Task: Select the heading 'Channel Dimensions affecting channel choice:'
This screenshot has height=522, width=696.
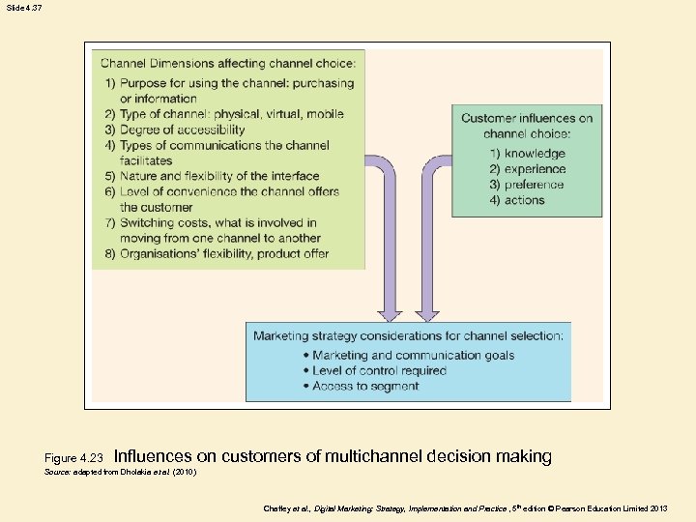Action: [x=228, y=64]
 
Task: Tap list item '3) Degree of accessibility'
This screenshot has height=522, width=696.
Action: [x=175, y=130]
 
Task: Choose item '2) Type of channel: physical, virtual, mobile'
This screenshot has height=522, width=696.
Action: [x=224, y=114]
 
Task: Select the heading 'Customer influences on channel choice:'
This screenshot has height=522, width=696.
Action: [x=527, y=126]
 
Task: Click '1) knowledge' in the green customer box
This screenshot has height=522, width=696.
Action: [x=527, y=154]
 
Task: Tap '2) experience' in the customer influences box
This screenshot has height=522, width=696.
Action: [x=527, y=169]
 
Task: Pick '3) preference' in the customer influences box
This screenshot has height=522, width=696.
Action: [x=527, y=185]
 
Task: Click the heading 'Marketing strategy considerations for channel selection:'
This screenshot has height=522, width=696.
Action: [x=408, y=336]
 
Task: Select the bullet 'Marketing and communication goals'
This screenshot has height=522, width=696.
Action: [x=413, y=355]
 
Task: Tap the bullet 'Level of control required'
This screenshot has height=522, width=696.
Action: [x=379, y=370]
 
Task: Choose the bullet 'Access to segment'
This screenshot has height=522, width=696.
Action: [x=365, y=386]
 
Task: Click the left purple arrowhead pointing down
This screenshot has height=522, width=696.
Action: [x=389, y=313]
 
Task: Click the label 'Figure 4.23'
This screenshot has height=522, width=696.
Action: [x=73, y=457]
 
